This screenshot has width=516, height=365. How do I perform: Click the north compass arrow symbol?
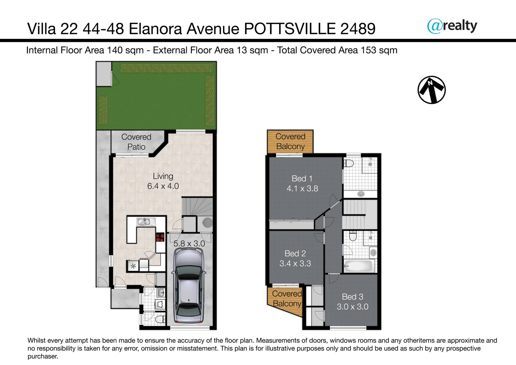[431, 90]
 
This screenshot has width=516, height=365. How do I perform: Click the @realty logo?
[452, 26]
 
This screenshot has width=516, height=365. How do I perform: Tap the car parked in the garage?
[189, 286]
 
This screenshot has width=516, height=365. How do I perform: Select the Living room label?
[163, 176]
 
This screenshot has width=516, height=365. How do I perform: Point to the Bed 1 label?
[302, 178]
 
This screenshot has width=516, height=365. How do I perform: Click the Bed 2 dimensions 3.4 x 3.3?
[295, 264]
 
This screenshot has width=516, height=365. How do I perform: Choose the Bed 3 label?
[352, 297]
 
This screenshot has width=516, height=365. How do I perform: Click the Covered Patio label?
[136, 142]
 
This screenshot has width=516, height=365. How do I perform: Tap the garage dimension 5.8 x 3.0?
[189, 244]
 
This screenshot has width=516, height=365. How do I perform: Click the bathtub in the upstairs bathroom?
[358, 266]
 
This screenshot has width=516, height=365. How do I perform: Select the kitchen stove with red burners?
[160, 237]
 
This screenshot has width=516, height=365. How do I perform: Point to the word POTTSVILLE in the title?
[290, 29]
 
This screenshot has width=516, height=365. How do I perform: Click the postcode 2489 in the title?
[358, 29]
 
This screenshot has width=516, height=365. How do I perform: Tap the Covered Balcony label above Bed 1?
[290, 141]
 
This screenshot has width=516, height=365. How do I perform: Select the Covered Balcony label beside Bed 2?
[287, 299]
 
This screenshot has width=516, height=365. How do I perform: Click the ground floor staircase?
[197, 206]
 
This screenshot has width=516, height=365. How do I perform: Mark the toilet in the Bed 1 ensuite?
[349, 164]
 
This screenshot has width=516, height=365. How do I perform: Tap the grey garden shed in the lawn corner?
[104, 74]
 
